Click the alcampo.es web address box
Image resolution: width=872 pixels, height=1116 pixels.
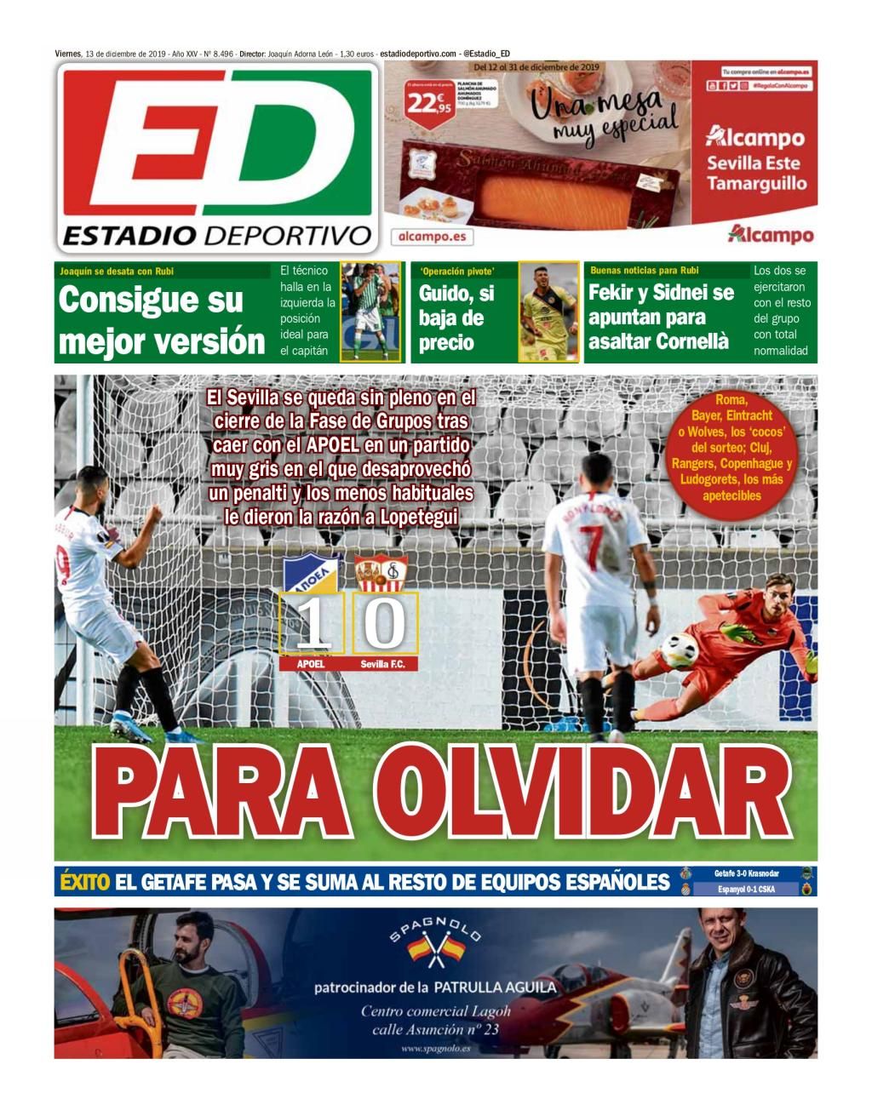(432, 236)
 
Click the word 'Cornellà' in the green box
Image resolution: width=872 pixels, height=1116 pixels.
(694, 341)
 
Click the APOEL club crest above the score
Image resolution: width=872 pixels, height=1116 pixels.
(312, 574)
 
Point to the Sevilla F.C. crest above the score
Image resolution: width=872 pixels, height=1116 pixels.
(381, 575)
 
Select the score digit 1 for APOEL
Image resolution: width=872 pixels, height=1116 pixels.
(312, 624)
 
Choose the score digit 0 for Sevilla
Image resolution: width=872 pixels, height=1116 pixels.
(385, 624)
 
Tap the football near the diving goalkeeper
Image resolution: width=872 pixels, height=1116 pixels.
(679, 650)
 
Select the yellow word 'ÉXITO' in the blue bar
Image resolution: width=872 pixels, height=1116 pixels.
(85, 882)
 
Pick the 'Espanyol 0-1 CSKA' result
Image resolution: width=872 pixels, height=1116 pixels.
(747, 890)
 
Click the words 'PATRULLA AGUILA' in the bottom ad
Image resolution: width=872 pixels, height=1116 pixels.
(495, 987)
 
